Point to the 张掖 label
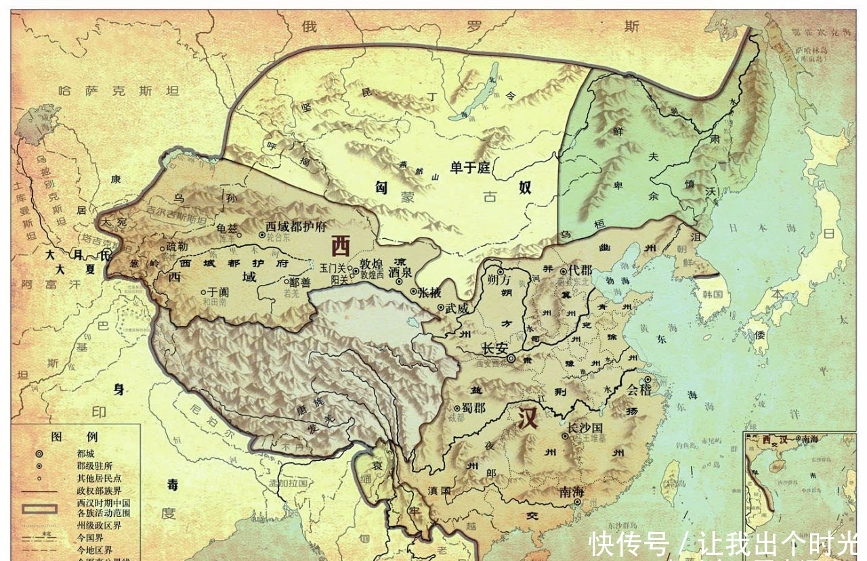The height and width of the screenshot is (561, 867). click(x=431, y=292)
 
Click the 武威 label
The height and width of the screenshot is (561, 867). click(x=458, y=307)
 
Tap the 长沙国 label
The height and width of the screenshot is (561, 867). click(x=585, y=428)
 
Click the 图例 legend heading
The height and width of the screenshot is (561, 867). click(x=75, y=437)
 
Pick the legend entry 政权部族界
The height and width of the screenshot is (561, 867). click(x=99, y=491)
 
